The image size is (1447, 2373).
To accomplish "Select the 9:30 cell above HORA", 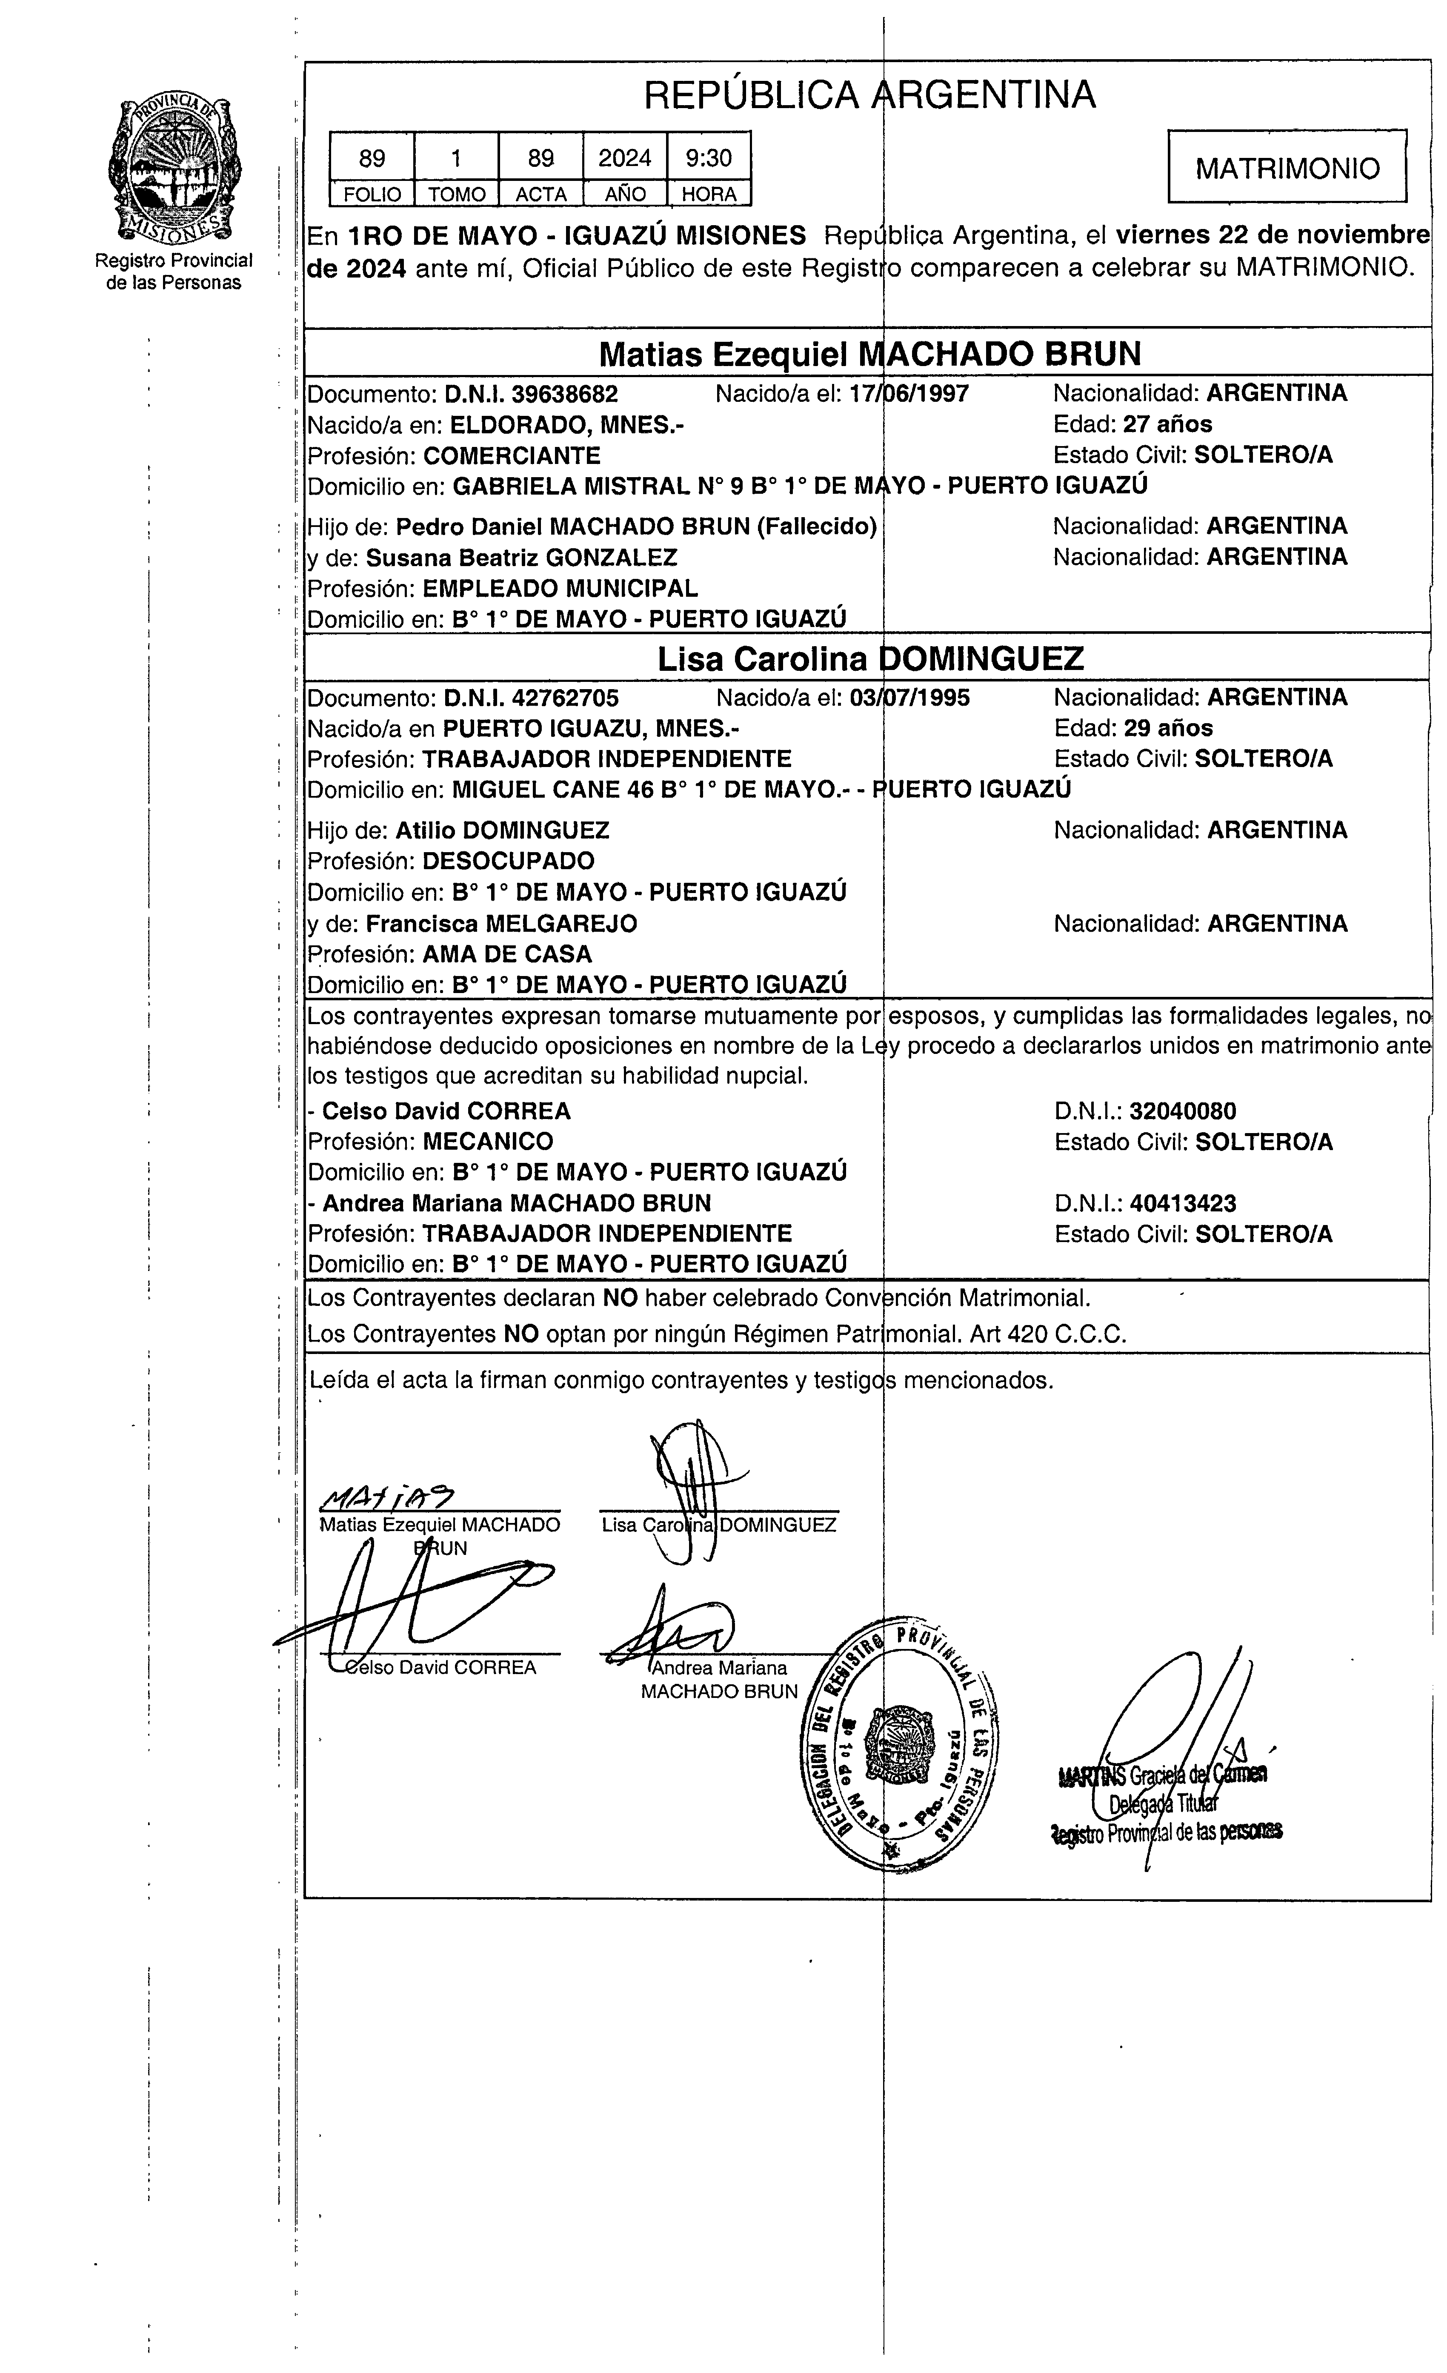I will (x=709, y=157).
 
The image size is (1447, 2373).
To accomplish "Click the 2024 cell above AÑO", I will (x=625, y=157).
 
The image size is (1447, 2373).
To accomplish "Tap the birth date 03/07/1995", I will (x=910, y=697).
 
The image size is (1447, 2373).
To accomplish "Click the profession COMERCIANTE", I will (x=511, y=455).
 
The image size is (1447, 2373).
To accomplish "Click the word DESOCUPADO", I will (x=508, y=861).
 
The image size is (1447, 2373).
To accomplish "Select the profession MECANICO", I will (x=488, y=1141).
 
